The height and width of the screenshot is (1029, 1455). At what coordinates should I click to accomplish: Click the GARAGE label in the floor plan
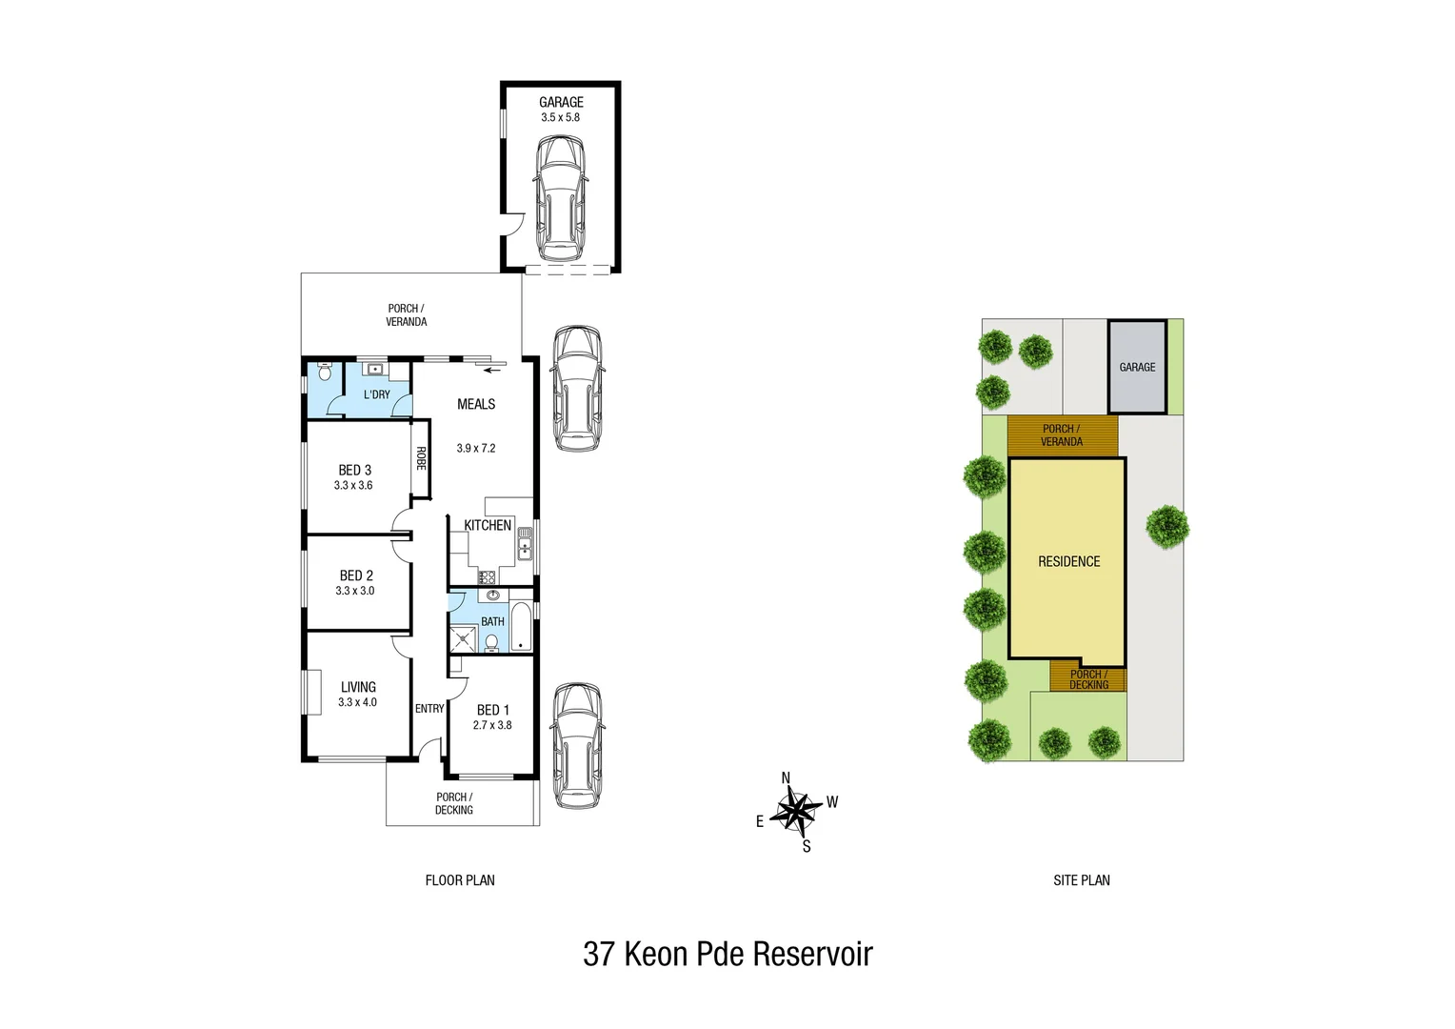point(561,102)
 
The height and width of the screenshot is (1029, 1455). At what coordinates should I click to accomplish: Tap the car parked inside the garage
point(560,197)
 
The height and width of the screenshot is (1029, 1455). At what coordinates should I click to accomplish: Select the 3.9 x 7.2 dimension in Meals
point(475,448)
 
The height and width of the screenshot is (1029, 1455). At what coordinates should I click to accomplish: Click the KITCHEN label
point(488,525)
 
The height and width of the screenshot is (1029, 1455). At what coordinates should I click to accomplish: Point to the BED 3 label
point(354,470)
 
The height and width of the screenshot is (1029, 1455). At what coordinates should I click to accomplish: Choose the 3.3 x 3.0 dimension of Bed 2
point(354,591)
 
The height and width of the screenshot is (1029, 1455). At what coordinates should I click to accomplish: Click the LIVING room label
point(358,687)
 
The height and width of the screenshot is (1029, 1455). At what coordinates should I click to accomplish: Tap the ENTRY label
point(429,709)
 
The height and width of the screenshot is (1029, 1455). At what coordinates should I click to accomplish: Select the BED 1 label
point(492,710)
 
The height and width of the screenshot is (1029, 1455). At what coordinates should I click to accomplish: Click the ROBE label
point(420,458)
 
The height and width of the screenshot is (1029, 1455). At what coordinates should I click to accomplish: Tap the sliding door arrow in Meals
point(491,370)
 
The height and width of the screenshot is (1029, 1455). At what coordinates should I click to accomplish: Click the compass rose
point(795,812)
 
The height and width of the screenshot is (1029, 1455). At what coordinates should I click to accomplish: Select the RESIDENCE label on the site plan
point(1068,562)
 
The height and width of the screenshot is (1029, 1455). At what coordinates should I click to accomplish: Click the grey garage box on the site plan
point(1137,367)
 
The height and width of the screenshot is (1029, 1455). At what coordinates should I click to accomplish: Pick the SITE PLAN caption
point(1081,880)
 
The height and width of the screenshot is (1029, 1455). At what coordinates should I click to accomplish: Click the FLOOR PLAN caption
point(460,880)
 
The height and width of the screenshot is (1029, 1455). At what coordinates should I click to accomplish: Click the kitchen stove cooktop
point(487,576)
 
